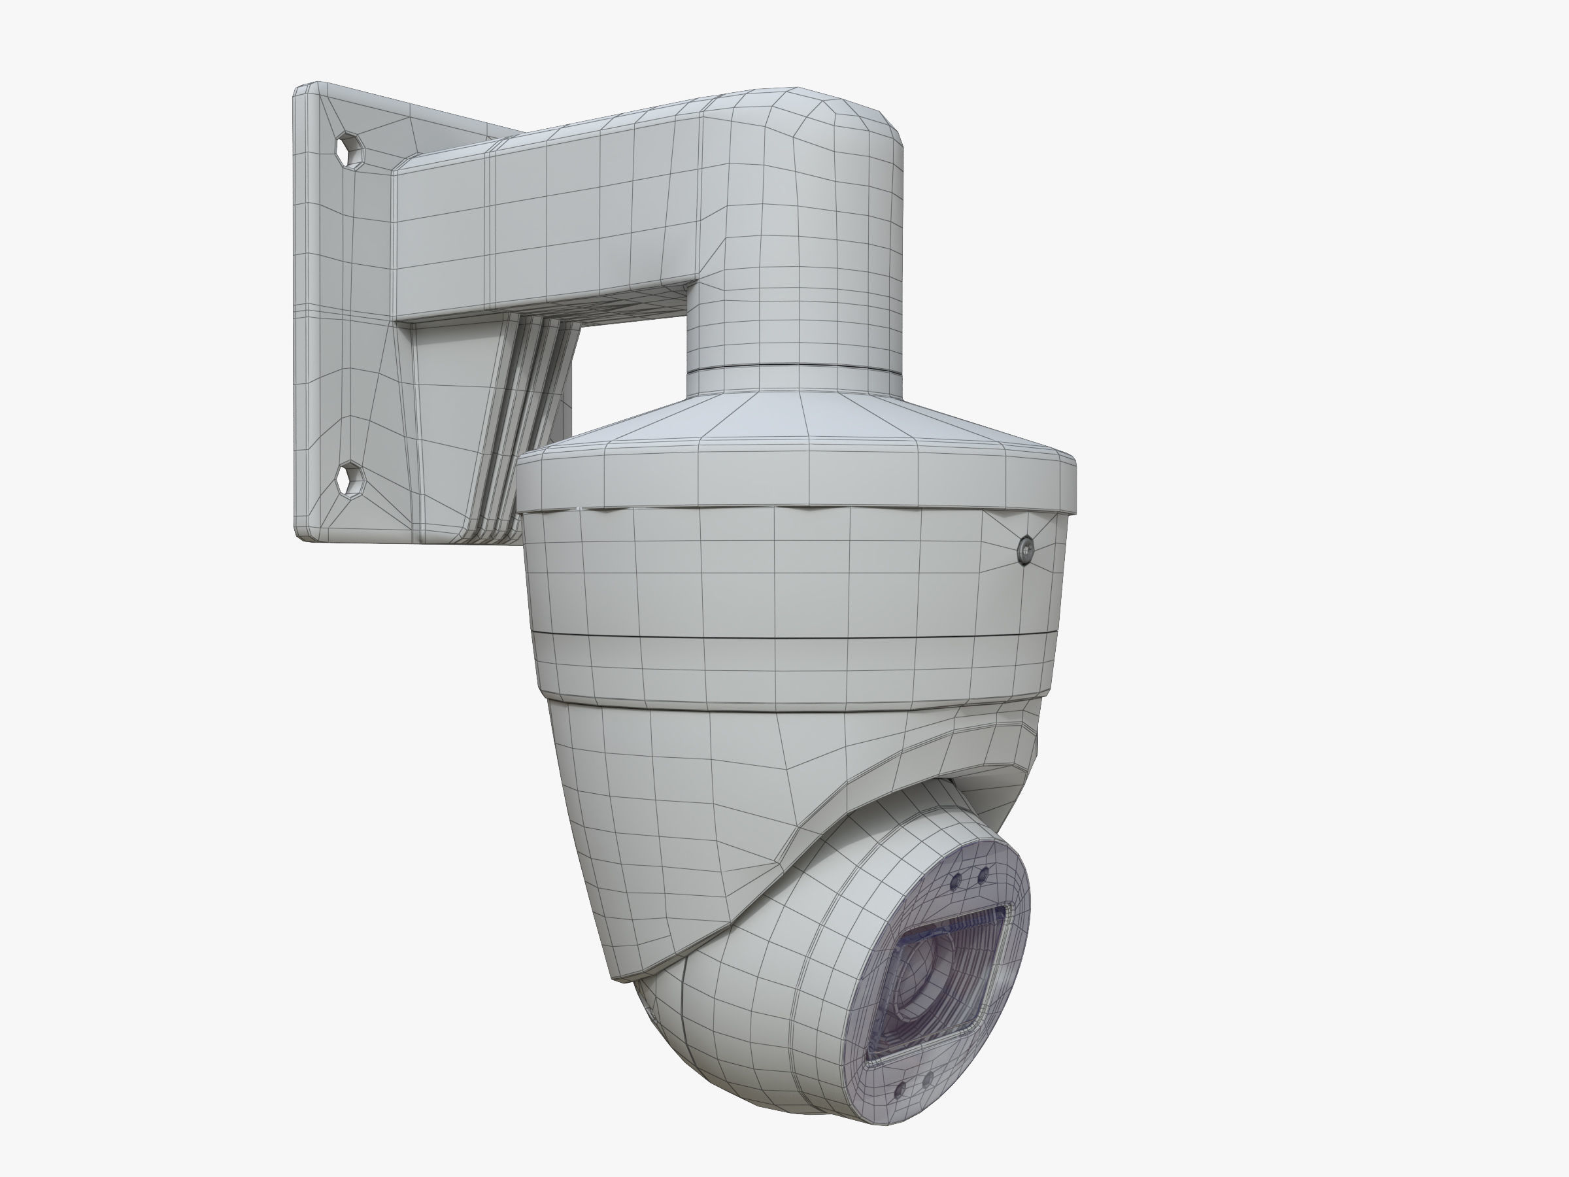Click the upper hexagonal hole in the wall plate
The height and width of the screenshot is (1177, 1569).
(x=350, y=150)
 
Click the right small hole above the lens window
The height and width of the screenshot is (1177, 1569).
(x=983, y=875)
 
